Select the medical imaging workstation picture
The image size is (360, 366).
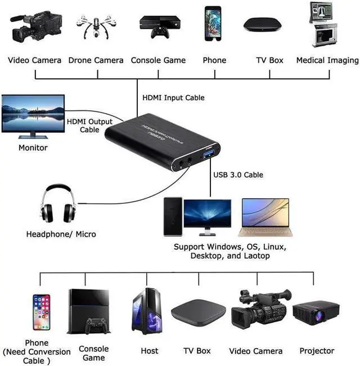pyautogui.click(x=324, y=25)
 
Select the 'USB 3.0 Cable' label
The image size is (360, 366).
pyautogui.click(x=238, y=175)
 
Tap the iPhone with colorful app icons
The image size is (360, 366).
pyautogui.click(x=41, y=312)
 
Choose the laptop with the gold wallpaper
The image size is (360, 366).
pyautogui.click(x=263, y=217)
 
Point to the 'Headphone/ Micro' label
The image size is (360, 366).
pyautogui.click(x=61, y=234)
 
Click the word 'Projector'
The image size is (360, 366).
pyautogui.click(x=317, y=351)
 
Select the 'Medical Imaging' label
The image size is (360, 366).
pyautogui.click(x=327, y=60)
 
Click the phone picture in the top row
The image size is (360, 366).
pyautogui.click(x=213, y=24)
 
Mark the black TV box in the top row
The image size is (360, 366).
pyautogui.click(x=262, y=25)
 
